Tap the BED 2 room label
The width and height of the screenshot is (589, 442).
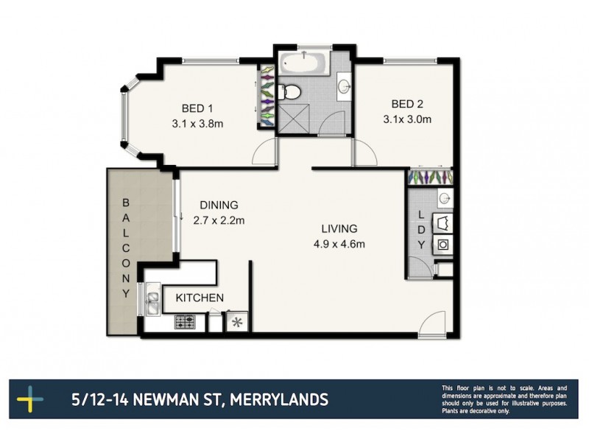(407, 103)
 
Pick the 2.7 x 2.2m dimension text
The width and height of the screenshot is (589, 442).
(218, 220)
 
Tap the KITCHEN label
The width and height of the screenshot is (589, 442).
(199, 298)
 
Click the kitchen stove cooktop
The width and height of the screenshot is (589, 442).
(184, 321)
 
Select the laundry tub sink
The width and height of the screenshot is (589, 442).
(445, 198)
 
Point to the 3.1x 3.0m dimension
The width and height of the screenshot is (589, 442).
(407, 119)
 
